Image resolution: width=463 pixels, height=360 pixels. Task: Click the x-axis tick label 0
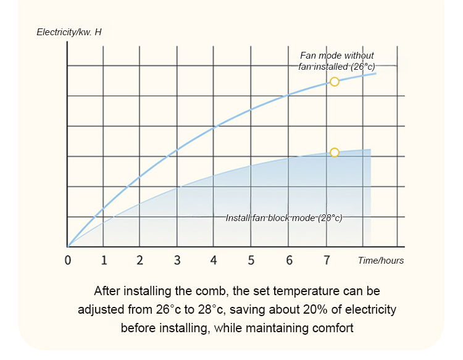(68, 260)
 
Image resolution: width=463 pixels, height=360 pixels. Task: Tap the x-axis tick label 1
(104, 260)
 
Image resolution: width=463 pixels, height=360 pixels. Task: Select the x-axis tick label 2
(140, 260)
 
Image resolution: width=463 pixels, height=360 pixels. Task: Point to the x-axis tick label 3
(177, 260)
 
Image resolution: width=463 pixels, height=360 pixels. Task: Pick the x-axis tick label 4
(214, 260)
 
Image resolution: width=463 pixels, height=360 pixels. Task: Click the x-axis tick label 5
(251, 260)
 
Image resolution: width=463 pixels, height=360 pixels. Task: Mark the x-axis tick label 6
(289, 260)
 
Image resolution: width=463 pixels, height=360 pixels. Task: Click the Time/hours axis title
(381, 261)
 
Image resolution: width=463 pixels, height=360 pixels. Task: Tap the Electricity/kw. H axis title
(69, 31)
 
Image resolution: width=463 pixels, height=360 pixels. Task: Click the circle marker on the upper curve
(335, 82)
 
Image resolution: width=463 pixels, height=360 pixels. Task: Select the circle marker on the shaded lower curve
(335, 153)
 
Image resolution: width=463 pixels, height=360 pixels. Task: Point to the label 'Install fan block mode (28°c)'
(284, 218)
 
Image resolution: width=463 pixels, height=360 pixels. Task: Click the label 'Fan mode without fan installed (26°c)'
(337, 61)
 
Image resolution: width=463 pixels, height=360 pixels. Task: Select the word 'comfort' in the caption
(333, 327)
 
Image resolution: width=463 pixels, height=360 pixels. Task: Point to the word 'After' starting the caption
(107, 290)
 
